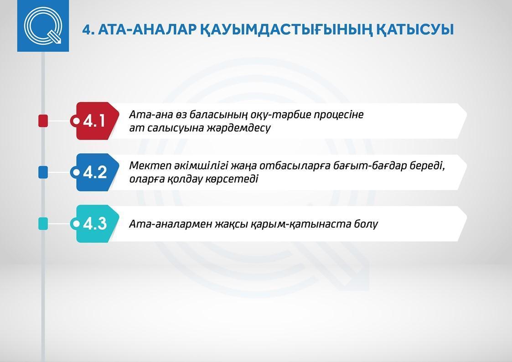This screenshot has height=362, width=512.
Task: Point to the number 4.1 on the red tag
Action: click(94, 121)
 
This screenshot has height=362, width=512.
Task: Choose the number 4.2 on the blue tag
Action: click(95, 172)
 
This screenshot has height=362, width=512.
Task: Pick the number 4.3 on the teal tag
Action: click(95, 223)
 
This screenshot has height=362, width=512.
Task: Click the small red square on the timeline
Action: click(43, 121)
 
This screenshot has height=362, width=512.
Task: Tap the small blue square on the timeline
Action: click(43, 172)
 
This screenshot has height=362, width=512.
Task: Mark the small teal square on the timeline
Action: click(43, 223)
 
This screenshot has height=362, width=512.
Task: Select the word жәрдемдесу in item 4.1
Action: click(239, 128)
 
